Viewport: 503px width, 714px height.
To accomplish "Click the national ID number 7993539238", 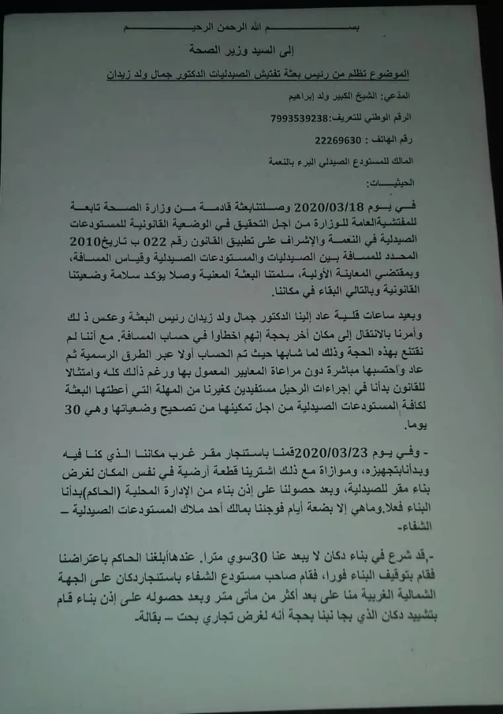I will click(x=300, y=118).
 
